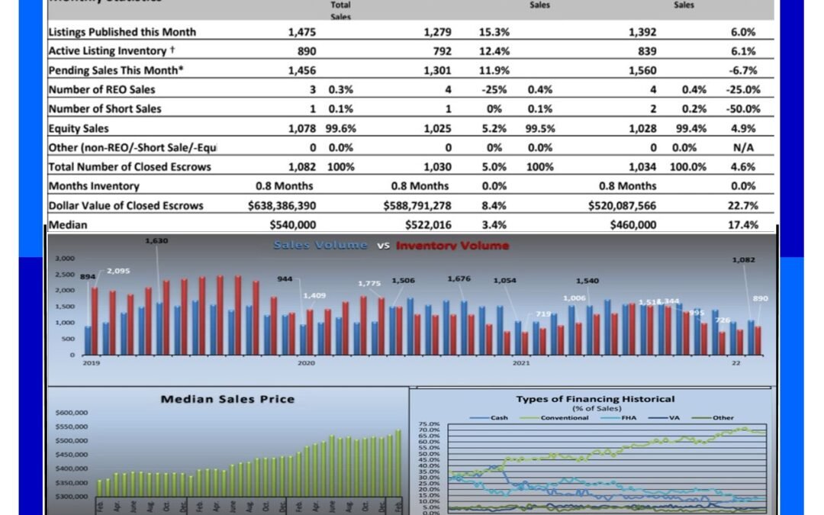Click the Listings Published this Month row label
(x=122, y=32)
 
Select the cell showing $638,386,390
(x=282, y=205)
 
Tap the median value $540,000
(x=293, y=225)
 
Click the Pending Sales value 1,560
(x=642, y=70)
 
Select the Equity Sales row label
(x=79, y=128)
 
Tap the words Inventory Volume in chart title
(x=452, y=246)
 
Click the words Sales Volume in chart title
(x=320, y=246)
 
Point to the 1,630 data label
(x=156, y=241)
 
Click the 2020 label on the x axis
(x=306, y=364)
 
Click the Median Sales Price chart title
(x=227, y=399)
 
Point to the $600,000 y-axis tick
(x=71, y=413)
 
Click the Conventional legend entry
(x=565, y=418)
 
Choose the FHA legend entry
(x=629, y=418)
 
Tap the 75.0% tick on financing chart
(x=428, y=424)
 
